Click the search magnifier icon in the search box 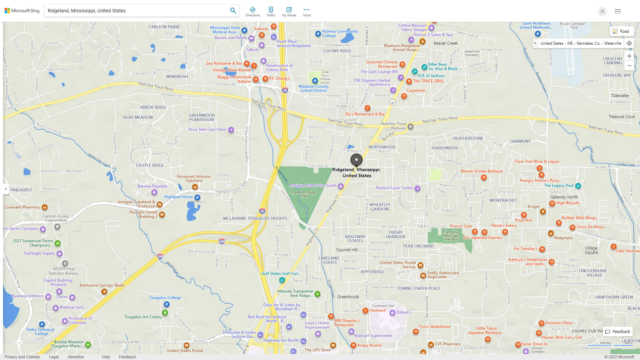point(233,11)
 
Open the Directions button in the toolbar point(252,12)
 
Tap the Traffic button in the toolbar point(271,12)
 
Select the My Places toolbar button point(289,12)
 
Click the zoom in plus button point(629,56)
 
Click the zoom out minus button point(629,66)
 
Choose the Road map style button point(621,31)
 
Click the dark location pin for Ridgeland point(356,160)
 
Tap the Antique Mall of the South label point(313,186)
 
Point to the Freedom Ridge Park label point(303,194)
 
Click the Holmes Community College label point(340,33)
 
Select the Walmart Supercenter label point(373,336)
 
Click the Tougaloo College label point(165,298)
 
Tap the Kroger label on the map point(533,207)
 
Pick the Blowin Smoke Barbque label point(482,171)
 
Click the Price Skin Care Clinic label point(207,129)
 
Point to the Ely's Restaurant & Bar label point(365,114)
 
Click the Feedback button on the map point(618,332)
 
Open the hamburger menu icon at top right point(617,11)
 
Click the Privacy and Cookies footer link point(22,357)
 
